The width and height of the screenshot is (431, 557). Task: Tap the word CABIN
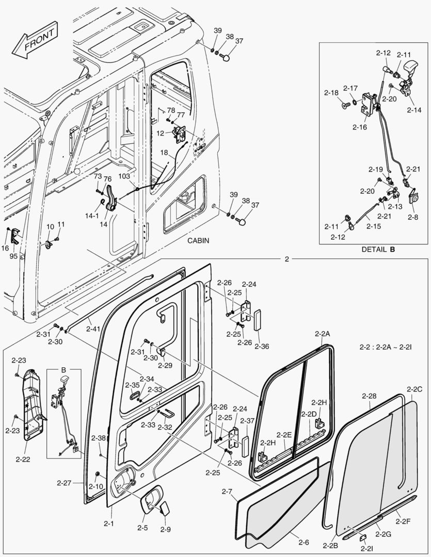198,240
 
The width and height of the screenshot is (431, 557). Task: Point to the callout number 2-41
93,328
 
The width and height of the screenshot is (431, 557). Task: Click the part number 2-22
22,458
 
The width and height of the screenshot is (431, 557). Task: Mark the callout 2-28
369,396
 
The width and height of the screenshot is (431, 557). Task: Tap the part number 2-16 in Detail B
360,127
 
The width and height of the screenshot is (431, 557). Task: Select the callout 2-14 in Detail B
413,110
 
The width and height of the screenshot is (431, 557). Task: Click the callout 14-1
92,215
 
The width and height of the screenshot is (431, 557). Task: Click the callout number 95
13,256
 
